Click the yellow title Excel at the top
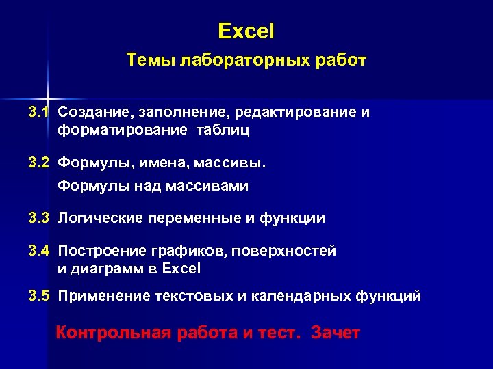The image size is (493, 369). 246,31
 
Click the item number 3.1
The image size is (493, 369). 39,112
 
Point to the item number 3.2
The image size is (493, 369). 39,163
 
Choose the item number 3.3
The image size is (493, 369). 39,219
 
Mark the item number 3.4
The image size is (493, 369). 39,251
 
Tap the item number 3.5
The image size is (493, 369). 39,297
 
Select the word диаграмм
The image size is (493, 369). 106,269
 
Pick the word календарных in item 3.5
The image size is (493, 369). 296,297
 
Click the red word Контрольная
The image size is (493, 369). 112,333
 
